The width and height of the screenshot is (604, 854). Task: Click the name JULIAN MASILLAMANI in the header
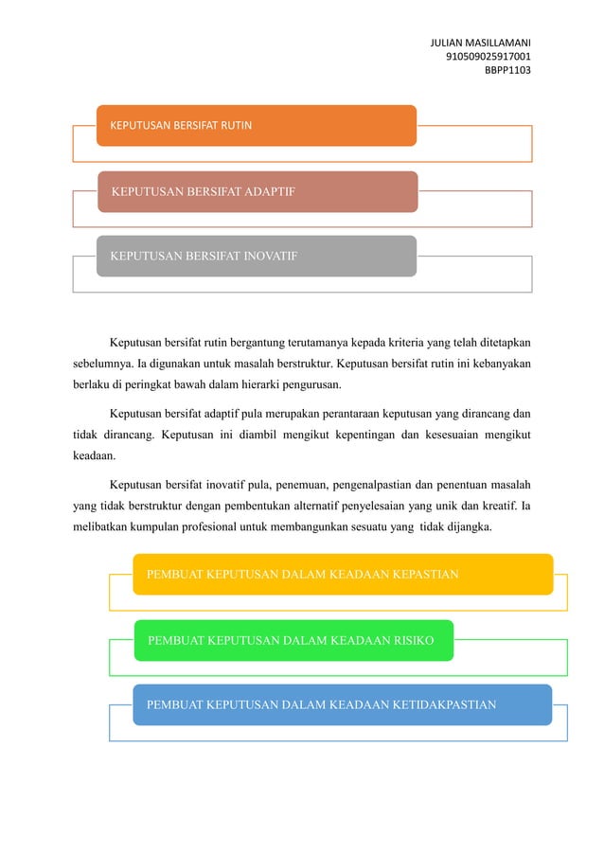[x=480, y=44]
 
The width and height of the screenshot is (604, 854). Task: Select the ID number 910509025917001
[x=488, y=57]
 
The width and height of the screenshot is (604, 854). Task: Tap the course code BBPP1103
[x=507, y=69]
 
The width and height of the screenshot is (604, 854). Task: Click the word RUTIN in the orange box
[x=235, y=125]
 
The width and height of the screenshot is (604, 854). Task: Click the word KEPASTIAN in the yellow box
[x=416, y=574]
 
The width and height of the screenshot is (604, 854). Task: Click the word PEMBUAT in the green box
[x=175, y=641]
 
